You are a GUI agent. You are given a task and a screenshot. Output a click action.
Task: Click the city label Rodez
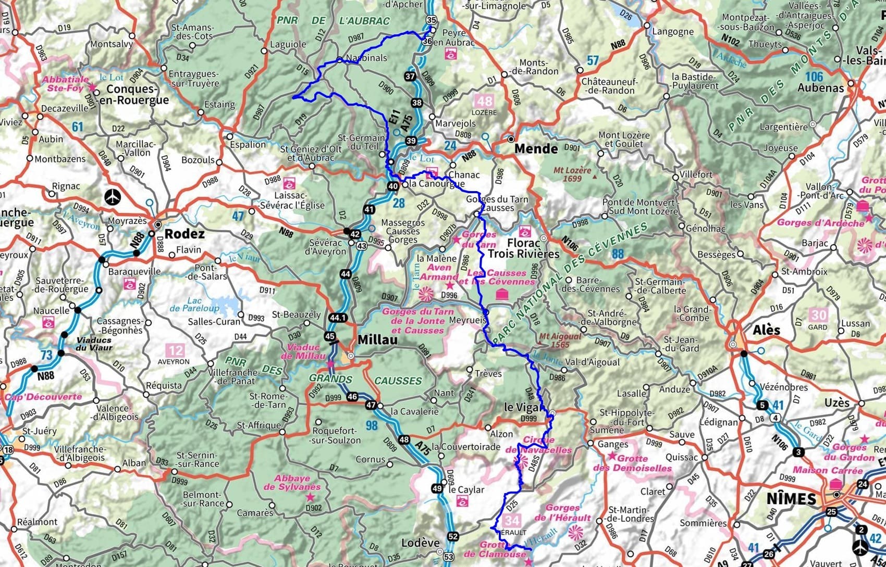184,234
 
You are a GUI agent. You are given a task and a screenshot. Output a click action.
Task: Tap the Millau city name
377,340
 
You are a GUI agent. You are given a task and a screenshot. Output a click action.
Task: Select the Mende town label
536,149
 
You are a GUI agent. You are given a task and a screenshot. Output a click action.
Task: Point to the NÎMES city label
791,498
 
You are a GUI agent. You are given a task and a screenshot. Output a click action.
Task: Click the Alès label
766,330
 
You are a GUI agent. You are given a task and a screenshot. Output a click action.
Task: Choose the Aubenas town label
820,87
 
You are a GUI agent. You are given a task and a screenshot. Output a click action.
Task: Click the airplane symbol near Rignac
112,197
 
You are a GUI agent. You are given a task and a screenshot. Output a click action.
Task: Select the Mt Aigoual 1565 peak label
560,341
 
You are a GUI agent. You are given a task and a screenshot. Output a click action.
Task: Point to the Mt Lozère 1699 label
572,174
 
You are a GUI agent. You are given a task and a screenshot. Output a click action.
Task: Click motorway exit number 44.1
338,317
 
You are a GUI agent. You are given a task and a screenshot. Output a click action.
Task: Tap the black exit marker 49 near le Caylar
437,488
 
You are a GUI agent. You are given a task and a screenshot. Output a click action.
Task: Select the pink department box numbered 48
484,101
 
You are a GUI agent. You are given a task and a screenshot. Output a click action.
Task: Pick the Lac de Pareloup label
194,304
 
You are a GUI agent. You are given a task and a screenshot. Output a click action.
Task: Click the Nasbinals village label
367,58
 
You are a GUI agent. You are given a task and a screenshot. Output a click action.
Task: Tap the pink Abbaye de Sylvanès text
292,483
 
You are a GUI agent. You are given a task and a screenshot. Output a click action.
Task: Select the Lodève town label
420,543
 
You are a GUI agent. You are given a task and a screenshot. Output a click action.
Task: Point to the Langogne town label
673,31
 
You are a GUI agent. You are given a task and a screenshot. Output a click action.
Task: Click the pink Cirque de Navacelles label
538,445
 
